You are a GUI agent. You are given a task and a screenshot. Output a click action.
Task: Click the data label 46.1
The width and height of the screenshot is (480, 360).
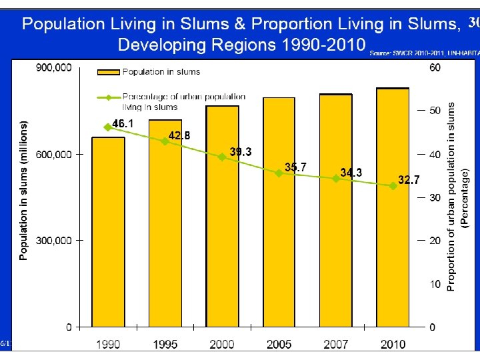123,124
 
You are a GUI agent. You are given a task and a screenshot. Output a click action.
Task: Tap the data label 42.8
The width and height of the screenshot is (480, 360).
179,135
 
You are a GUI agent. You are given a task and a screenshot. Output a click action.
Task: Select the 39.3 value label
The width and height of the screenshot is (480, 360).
241,152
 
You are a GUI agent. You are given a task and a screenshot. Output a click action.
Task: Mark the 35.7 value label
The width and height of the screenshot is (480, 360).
295,167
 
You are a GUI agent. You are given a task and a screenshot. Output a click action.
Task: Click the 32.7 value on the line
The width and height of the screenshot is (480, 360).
409,179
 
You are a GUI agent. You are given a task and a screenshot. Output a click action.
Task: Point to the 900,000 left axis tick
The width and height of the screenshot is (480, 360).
54,68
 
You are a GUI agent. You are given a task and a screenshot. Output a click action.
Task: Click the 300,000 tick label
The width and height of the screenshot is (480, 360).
54,240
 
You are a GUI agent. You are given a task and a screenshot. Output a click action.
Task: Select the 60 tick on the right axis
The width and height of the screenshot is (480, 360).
434,68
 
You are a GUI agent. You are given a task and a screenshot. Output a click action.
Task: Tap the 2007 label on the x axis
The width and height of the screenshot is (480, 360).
336,344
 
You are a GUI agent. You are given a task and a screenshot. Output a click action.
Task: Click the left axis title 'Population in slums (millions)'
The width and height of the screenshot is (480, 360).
24,190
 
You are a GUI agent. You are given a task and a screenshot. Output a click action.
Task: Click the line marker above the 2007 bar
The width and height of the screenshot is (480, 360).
336,179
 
